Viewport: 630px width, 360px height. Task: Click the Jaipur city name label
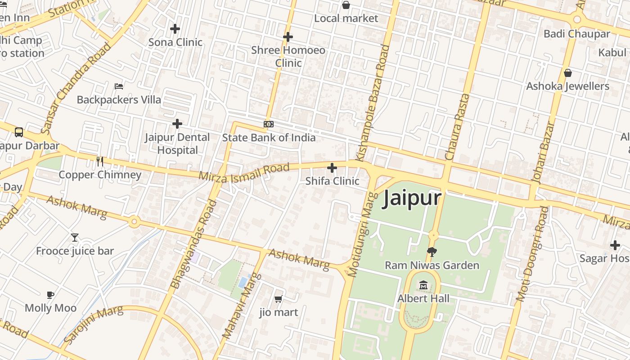[x=411, y=198]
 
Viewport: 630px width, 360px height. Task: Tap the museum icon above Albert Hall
[x=423, y=285]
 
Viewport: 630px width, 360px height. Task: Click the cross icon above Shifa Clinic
[x=332, y=168]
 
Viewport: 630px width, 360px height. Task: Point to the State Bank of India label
[x=269, y=138]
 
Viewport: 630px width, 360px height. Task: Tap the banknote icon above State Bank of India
[x=269, y=124]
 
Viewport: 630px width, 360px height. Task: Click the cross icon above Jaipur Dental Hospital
[x=177, y=123]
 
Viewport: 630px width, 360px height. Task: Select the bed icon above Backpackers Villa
[x=119, y=86]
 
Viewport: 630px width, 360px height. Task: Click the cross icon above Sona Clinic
[x=175, y=29]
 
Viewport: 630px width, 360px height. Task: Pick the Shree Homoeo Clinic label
[x=288, y=56]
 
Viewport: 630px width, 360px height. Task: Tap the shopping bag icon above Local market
[x=346, y=5]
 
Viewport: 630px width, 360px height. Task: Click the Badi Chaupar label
[x=577, y=34]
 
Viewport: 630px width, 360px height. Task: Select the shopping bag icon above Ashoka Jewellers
[x=568, y=73]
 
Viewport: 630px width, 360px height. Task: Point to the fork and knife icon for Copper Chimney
[x=100, y=161]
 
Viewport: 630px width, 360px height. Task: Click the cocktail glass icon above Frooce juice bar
[x=75, y=237]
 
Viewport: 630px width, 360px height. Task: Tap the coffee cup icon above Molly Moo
[x=50, y=295]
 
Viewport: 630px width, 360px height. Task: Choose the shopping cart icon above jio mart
[x=279, y=299]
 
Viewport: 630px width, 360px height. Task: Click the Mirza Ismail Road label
[x=244, y=172]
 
